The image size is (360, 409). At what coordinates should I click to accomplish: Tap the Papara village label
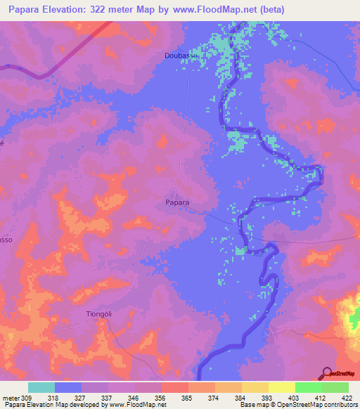(177, 202)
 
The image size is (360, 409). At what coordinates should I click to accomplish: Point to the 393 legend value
(267, 398)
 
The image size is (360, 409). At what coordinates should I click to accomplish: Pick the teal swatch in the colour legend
(41, 387)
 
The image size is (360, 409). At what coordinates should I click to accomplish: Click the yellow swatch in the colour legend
(281, 387)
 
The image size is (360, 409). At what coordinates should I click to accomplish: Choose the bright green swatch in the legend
(308, 387)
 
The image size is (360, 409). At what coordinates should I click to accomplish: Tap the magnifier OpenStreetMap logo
(326, 373)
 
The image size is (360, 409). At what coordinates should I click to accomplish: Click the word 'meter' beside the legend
(11, 398)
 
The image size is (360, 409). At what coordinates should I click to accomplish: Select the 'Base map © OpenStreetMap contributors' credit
(298, 405)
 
